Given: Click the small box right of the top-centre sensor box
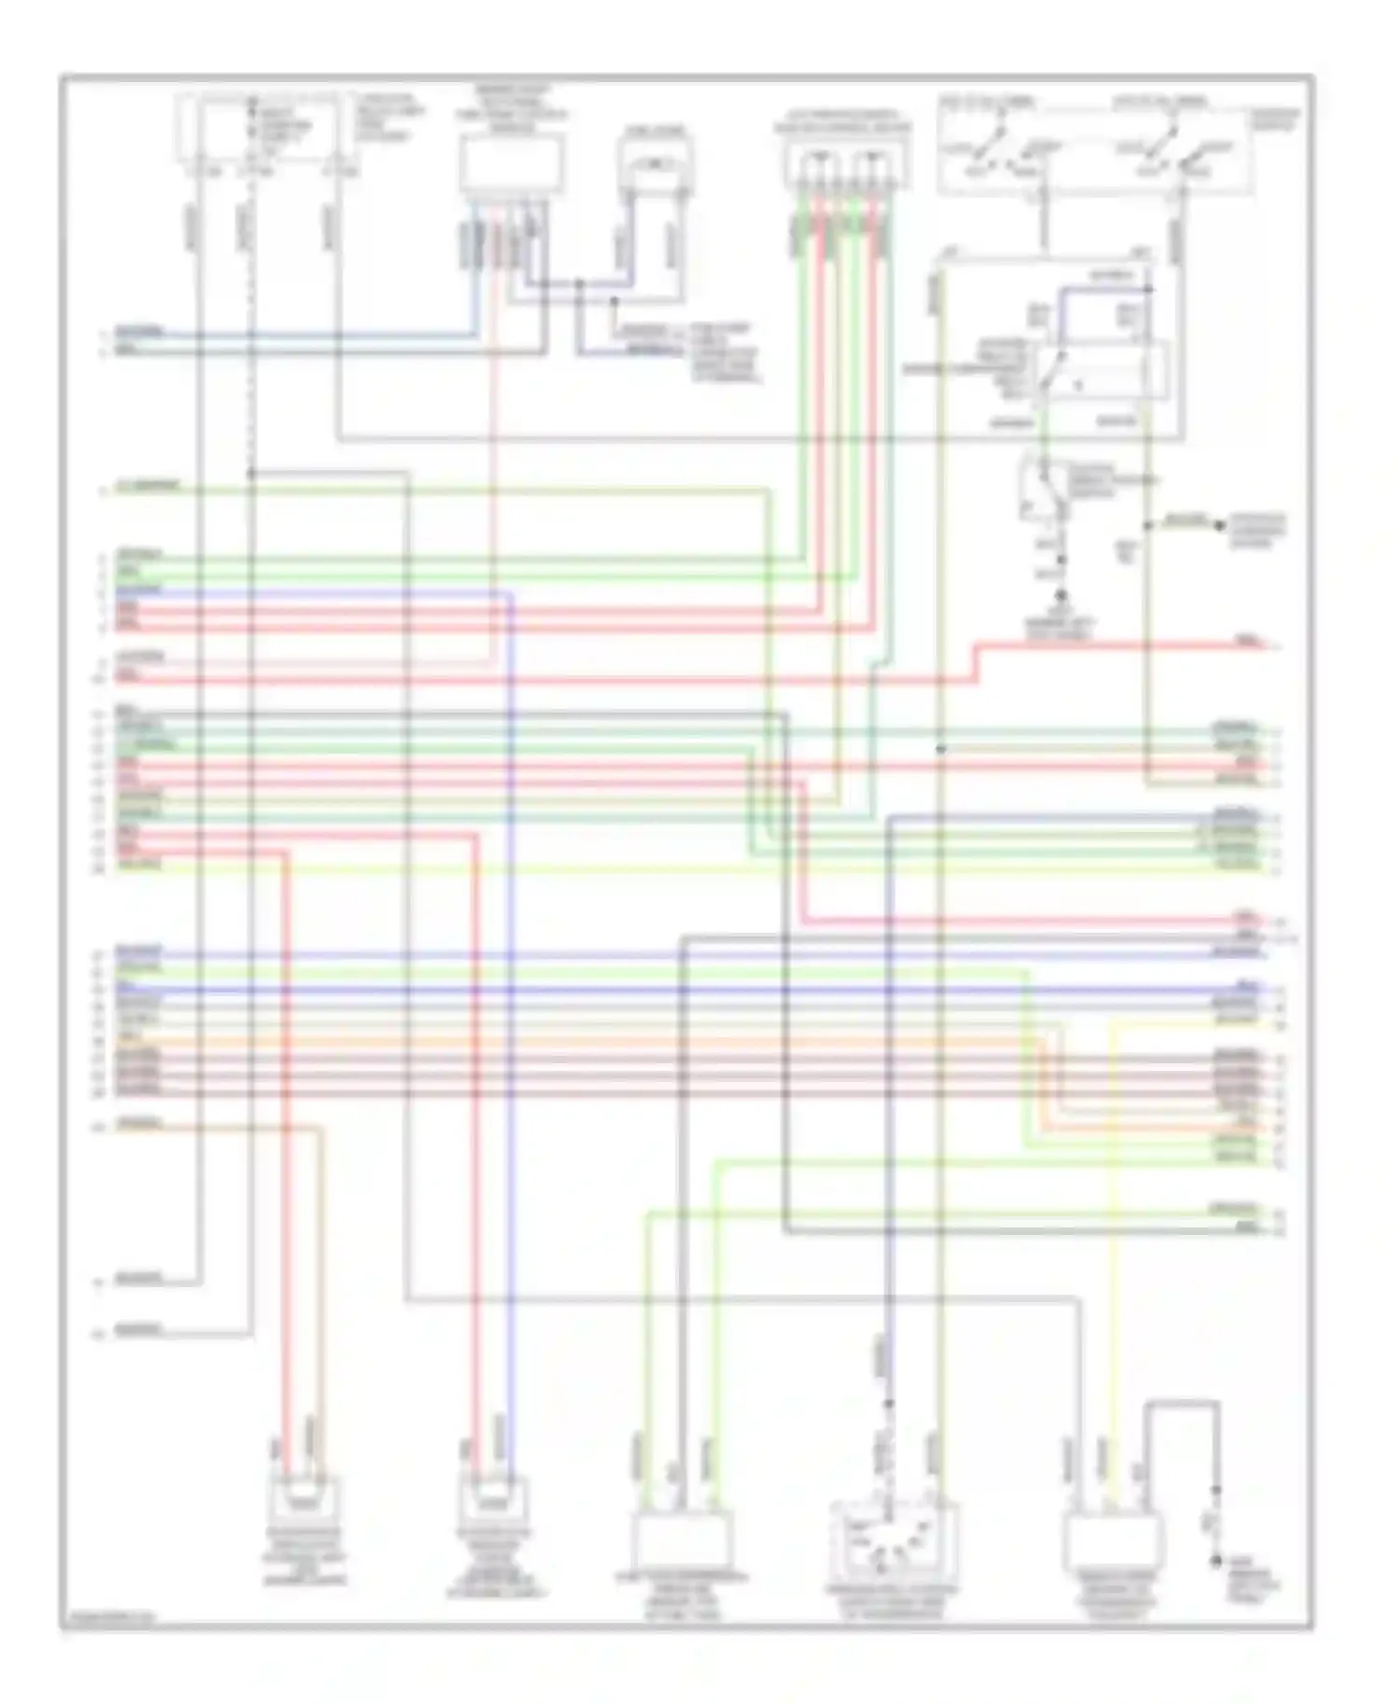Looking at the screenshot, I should (x=656, y=166).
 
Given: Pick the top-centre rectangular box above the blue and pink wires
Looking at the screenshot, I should (x=510, y=163).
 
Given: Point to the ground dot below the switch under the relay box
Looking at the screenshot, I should (x=1060, y=595).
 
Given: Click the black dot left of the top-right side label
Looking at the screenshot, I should (x=1219, y=526).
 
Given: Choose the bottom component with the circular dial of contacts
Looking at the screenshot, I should (x=893, y=1537).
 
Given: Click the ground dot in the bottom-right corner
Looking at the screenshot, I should (x=1215, y=1560).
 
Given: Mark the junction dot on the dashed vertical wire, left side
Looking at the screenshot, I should (x=251, y=474).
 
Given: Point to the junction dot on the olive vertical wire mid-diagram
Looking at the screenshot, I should (x=941, y=748).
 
